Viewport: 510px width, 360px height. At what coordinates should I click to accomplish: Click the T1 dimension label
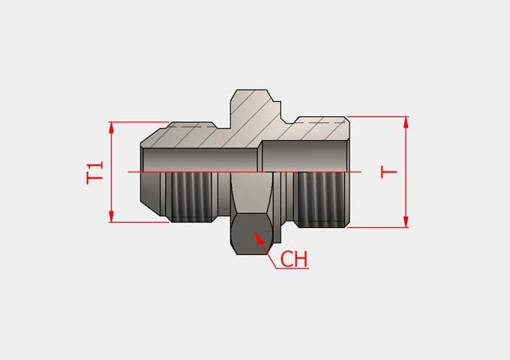(94, 172)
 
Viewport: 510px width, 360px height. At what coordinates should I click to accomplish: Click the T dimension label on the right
(389, 172)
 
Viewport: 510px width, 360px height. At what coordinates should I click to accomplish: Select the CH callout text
(294, 259)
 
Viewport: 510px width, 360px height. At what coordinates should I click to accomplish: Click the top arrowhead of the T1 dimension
(111, 127)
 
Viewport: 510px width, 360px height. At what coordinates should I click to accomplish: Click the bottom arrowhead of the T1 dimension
(111, 216)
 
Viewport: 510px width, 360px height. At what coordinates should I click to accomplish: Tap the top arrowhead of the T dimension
(406, 122)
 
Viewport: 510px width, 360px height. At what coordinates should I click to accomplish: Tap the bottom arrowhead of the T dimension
(406, 221)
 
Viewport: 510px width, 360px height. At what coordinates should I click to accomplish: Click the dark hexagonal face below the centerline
(251, 234)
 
